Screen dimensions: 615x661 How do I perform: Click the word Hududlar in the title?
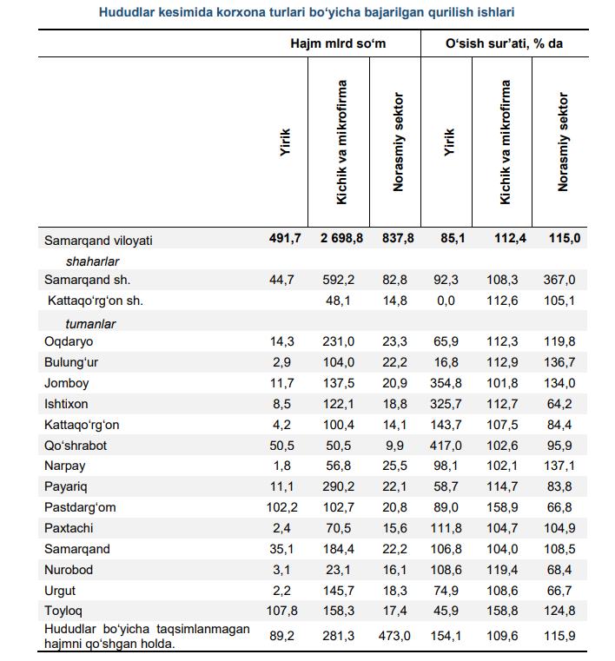pos(126,12)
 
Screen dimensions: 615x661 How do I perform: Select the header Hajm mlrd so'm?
pos(338,43)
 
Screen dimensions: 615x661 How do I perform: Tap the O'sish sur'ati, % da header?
pos(504,43)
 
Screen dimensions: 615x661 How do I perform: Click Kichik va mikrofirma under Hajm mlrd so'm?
pos(341,142)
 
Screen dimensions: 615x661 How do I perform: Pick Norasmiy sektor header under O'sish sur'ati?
pos(563,142)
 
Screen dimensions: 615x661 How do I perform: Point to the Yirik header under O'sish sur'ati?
pos(449,142)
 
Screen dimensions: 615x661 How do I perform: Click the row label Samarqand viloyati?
pos(98,241)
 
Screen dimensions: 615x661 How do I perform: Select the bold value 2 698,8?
pos(341,238)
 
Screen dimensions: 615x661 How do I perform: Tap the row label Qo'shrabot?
pos(76,446)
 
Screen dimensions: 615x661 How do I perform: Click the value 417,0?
pos(446,446)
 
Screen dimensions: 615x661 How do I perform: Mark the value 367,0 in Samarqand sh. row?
pos(559,280)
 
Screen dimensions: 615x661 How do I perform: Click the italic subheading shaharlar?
pos(92,261)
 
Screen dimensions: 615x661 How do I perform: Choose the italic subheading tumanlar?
pos(90,324)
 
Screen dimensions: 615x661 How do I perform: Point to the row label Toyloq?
pos(63,611)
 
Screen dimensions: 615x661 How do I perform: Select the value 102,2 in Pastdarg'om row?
pos(282,507)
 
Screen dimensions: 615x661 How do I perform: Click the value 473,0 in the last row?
pos(394,636)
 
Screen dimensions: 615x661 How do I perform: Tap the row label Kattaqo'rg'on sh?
pos(96,301)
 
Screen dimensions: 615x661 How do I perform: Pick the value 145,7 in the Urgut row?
pos(339,591)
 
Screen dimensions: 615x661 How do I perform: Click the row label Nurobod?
pos(69,570)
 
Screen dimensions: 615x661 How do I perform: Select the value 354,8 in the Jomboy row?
pos(446,383)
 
